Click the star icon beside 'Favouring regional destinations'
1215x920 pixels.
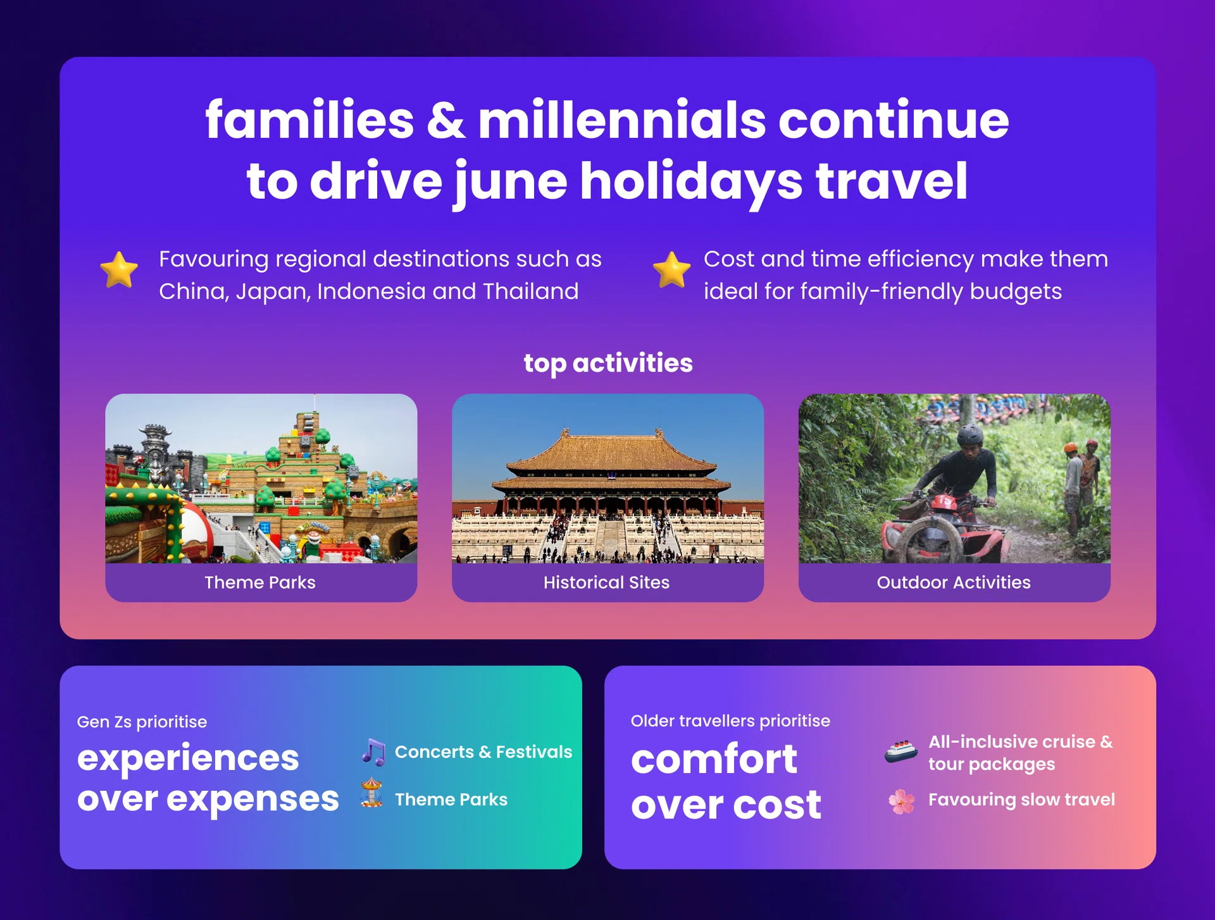[x=119, y=270]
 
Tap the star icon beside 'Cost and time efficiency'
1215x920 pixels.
[x=671, y=270]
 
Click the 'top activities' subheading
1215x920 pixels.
[x=608, y=363]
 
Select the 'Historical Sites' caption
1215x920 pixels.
[x=606, y=583]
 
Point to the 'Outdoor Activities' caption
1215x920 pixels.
[x=954, y=583]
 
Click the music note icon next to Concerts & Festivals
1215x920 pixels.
[x=373, y=752]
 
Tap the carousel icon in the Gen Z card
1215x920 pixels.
[x=371, y=793]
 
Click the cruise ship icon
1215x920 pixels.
[x=901, y=752]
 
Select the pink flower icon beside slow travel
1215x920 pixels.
[x=902, y=802]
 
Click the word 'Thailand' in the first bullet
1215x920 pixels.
[x=531, y=291]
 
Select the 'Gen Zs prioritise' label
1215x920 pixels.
[x=142, y=722]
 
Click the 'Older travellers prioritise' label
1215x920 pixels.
[x=730, y=721]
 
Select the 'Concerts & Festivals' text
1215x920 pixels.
[x=483, y=752]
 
